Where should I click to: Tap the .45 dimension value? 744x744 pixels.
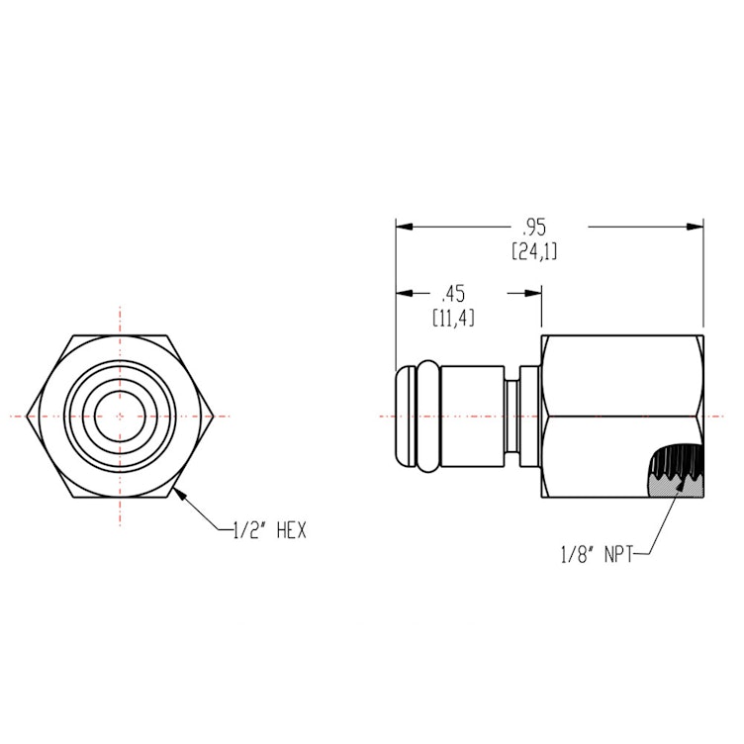pos(454,294)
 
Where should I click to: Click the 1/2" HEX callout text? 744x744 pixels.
pos(269,531)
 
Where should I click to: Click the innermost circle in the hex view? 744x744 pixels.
pos(120,416)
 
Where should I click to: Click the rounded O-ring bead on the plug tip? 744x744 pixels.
pos(422,416)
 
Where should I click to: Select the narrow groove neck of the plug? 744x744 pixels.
pos(512,416)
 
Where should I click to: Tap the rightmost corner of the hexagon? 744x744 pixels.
pos(215,416)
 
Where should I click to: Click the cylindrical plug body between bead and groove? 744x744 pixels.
pos(471,416)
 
